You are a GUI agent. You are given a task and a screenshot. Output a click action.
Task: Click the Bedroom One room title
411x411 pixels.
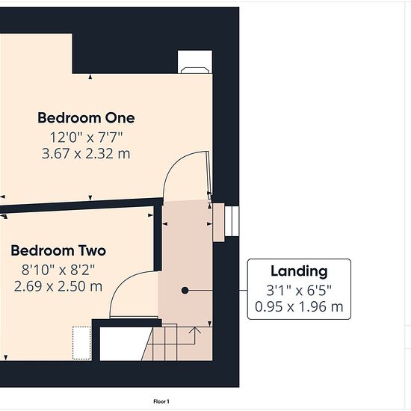[86, 118]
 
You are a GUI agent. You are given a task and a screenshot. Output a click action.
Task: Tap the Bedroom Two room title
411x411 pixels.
[58, 250]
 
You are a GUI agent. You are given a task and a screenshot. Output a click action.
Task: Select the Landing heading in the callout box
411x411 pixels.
[299, 271]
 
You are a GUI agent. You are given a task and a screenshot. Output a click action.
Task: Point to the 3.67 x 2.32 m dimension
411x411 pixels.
[86, 154]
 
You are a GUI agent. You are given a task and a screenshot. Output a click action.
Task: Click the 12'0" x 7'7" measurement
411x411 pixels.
[86, 137]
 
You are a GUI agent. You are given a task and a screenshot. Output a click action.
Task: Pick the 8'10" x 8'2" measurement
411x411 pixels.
[58, 270]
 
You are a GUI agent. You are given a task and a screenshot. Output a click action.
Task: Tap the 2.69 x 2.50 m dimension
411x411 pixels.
[58, 286]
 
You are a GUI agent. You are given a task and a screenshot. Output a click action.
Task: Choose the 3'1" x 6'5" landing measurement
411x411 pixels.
[299, 291]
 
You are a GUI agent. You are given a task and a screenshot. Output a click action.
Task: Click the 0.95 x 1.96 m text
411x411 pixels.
[299, 306]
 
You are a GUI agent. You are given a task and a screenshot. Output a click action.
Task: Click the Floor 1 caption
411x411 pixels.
[161, 401]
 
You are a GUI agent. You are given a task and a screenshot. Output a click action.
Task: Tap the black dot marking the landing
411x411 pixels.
[185, 291]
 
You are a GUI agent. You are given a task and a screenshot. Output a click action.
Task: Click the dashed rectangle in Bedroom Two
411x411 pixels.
[81, 343]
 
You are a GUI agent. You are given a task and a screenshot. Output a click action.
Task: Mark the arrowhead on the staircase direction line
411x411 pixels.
[195, 330]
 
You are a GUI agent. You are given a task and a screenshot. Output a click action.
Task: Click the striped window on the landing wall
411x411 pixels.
[232, 221]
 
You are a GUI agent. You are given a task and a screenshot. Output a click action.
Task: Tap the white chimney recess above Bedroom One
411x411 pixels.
[195, 62]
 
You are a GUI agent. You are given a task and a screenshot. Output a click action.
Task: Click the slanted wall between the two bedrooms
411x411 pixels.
[81, 205]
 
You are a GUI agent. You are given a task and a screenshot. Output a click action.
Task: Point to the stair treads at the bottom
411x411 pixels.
[177, 344]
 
